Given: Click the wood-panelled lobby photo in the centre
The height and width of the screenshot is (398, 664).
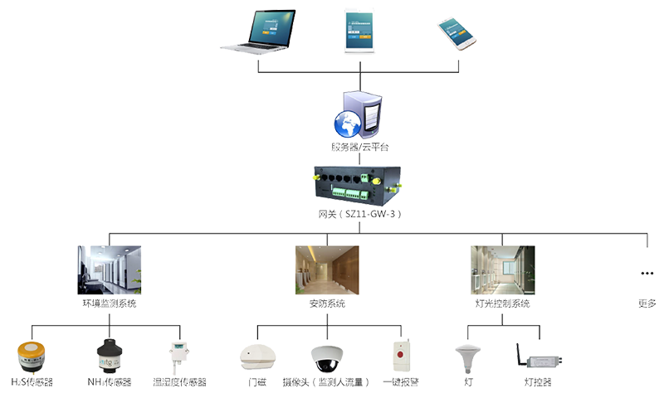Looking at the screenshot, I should tap(327, 267).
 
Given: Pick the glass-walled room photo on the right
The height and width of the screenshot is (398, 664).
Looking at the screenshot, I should tap(503, 267).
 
